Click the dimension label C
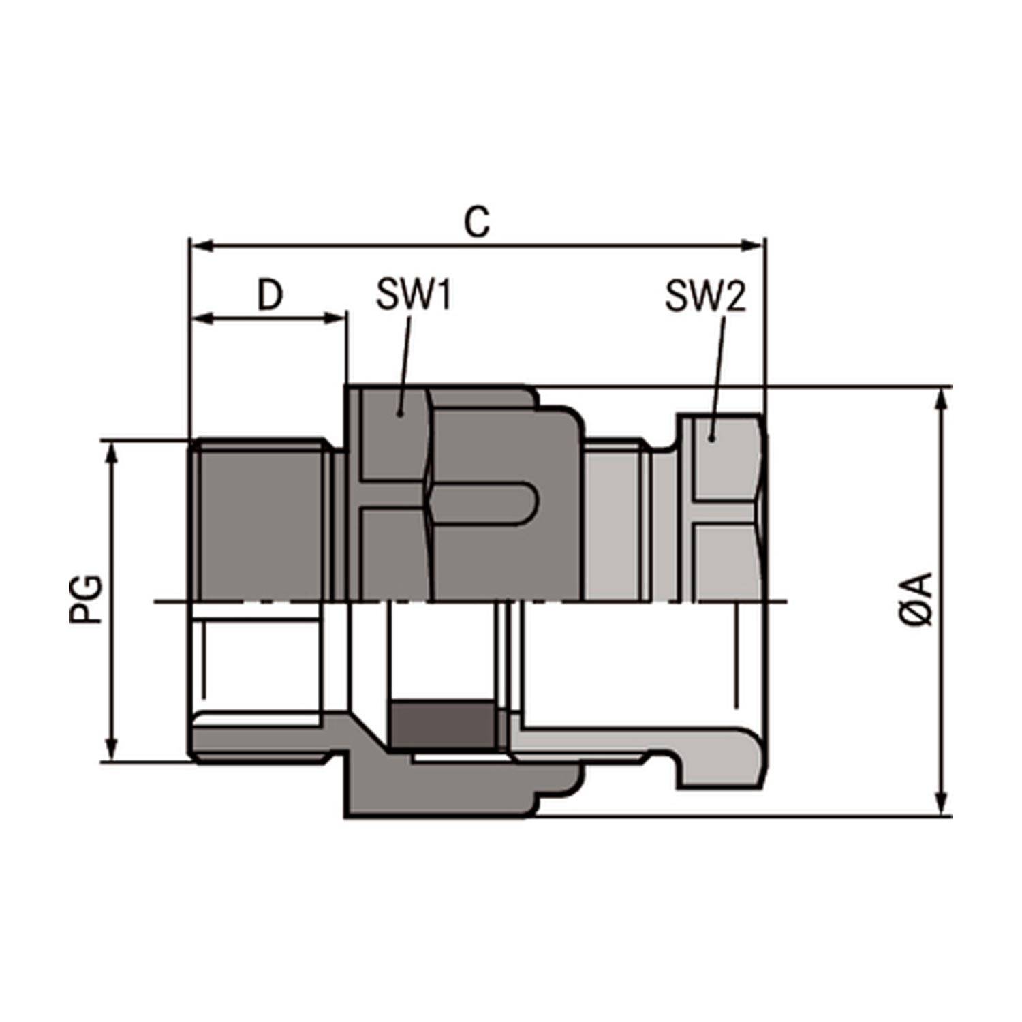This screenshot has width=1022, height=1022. pos(477,222)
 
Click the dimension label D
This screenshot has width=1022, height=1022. pos(270,295)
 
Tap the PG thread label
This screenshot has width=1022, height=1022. pos(87,600)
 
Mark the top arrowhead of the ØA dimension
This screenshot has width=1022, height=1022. pos(942,398)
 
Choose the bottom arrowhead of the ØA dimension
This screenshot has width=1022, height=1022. pos(942,805)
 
